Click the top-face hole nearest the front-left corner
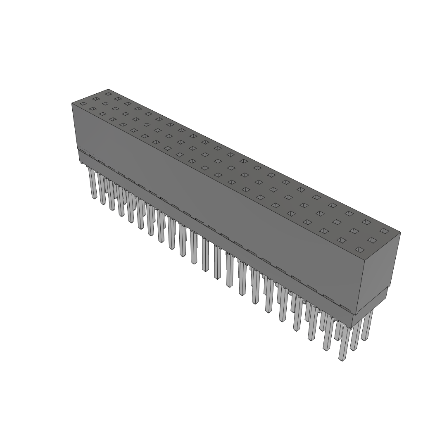(83, 103)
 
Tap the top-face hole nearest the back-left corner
(108, 94)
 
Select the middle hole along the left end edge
(96, 99)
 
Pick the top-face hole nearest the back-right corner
(384, 231)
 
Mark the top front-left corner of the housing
(72, 103)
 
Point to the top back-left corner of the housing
(108, 89)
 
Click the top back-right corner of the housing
(400, 232)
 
